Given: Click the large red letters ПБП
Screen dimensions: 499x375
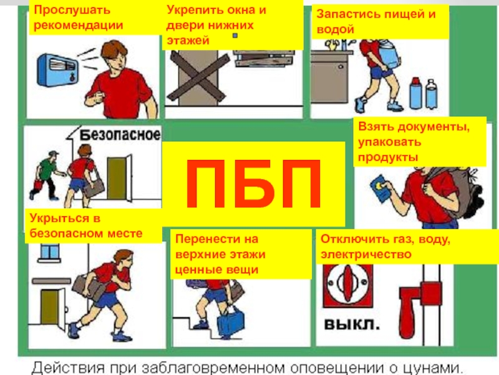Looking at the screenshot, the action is [x=253, y=184].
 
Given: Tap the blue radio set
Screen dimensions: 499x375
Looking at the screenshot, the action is [x=57, y=70].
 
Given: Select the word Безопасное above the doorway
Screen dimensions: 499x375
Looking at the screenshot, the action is [x=120, y=135].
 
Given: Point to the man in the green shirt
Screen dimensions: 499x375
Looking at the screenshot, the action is [x=46, y=176].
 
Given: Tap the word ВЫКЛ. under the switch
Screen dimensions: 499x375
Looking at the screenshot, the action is [x=352, y=324].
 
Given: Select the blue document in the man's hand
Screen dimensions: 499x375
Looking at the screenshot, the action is [x=381, y=188].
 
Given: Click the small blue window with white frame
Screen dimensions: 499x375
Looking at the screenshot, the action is [x=49, y=253].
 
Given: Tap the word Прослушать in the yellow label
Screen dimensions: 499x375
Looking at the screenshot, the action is [x=72, y=10].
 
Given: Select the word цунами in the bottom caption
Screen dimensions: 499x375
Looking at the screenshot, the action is [x=432, y=368].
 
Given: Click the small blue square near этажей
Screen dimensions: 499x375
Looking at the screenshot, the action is [x=235, y=36].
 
